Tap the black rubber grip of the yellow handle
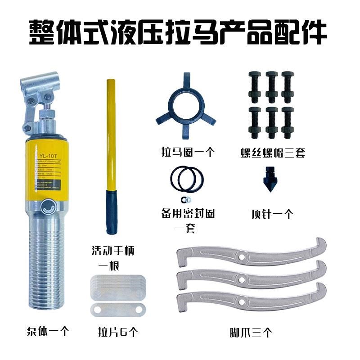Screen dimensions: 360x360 click(111, 211)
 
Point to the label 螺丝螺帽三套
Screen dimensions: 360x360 click(273, 153)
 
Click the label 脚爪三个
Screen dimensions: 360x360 click(251, 333)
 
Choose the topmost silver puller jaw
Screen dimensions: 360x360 click(252, 254)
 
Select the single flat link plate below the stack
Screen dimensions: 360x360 click(117, 309)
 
